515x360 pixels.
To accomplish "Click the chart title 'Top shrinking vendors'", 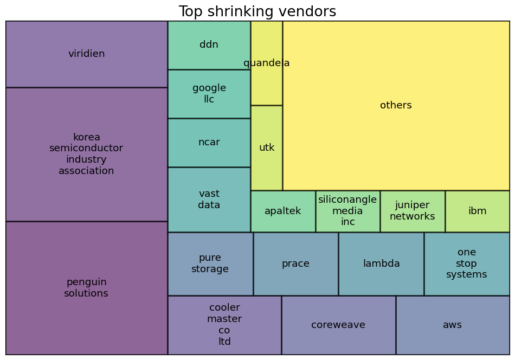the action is coord(257,11).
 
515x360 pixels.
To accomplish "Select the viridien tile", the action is coord(87,54).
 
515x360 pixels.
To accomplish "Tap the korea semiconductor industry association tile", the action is coord(87,154).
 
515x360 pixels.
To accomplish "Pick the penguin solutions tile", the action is coord(87,288).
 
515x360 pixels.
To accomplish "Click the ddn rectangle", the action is coord(209,45).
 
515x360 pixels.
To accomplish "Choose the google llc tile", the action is coord(209,94).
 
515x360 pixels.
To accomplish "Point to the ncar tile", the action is coord(209,143).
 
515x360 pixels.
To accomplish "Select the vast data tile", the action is coord(209,200).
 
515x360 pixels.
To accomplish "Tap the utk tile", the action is coord(267,147).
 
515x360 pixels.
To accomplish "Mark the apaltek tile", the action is coord(282,211).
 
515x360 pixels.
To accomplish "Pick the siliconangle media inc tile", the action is coord(347,211).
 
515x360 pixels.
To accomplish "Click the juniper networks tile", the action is coord(413,211).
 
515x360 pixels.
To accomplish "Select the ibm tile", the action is coord(477,211).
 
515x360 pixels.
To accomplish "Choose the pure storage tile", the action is coord(210,263).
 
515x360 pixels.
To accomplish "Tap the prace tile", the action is coord(295,263).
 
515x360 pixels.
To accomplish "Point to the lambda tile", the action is coord(381,263).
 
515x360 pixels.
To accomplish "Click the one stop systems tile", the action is coord(466,263).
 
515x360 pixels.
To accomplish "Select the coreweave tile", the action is coord(338,325).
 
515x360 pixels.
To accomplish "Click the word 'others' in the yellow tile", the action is coord(396,105).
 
